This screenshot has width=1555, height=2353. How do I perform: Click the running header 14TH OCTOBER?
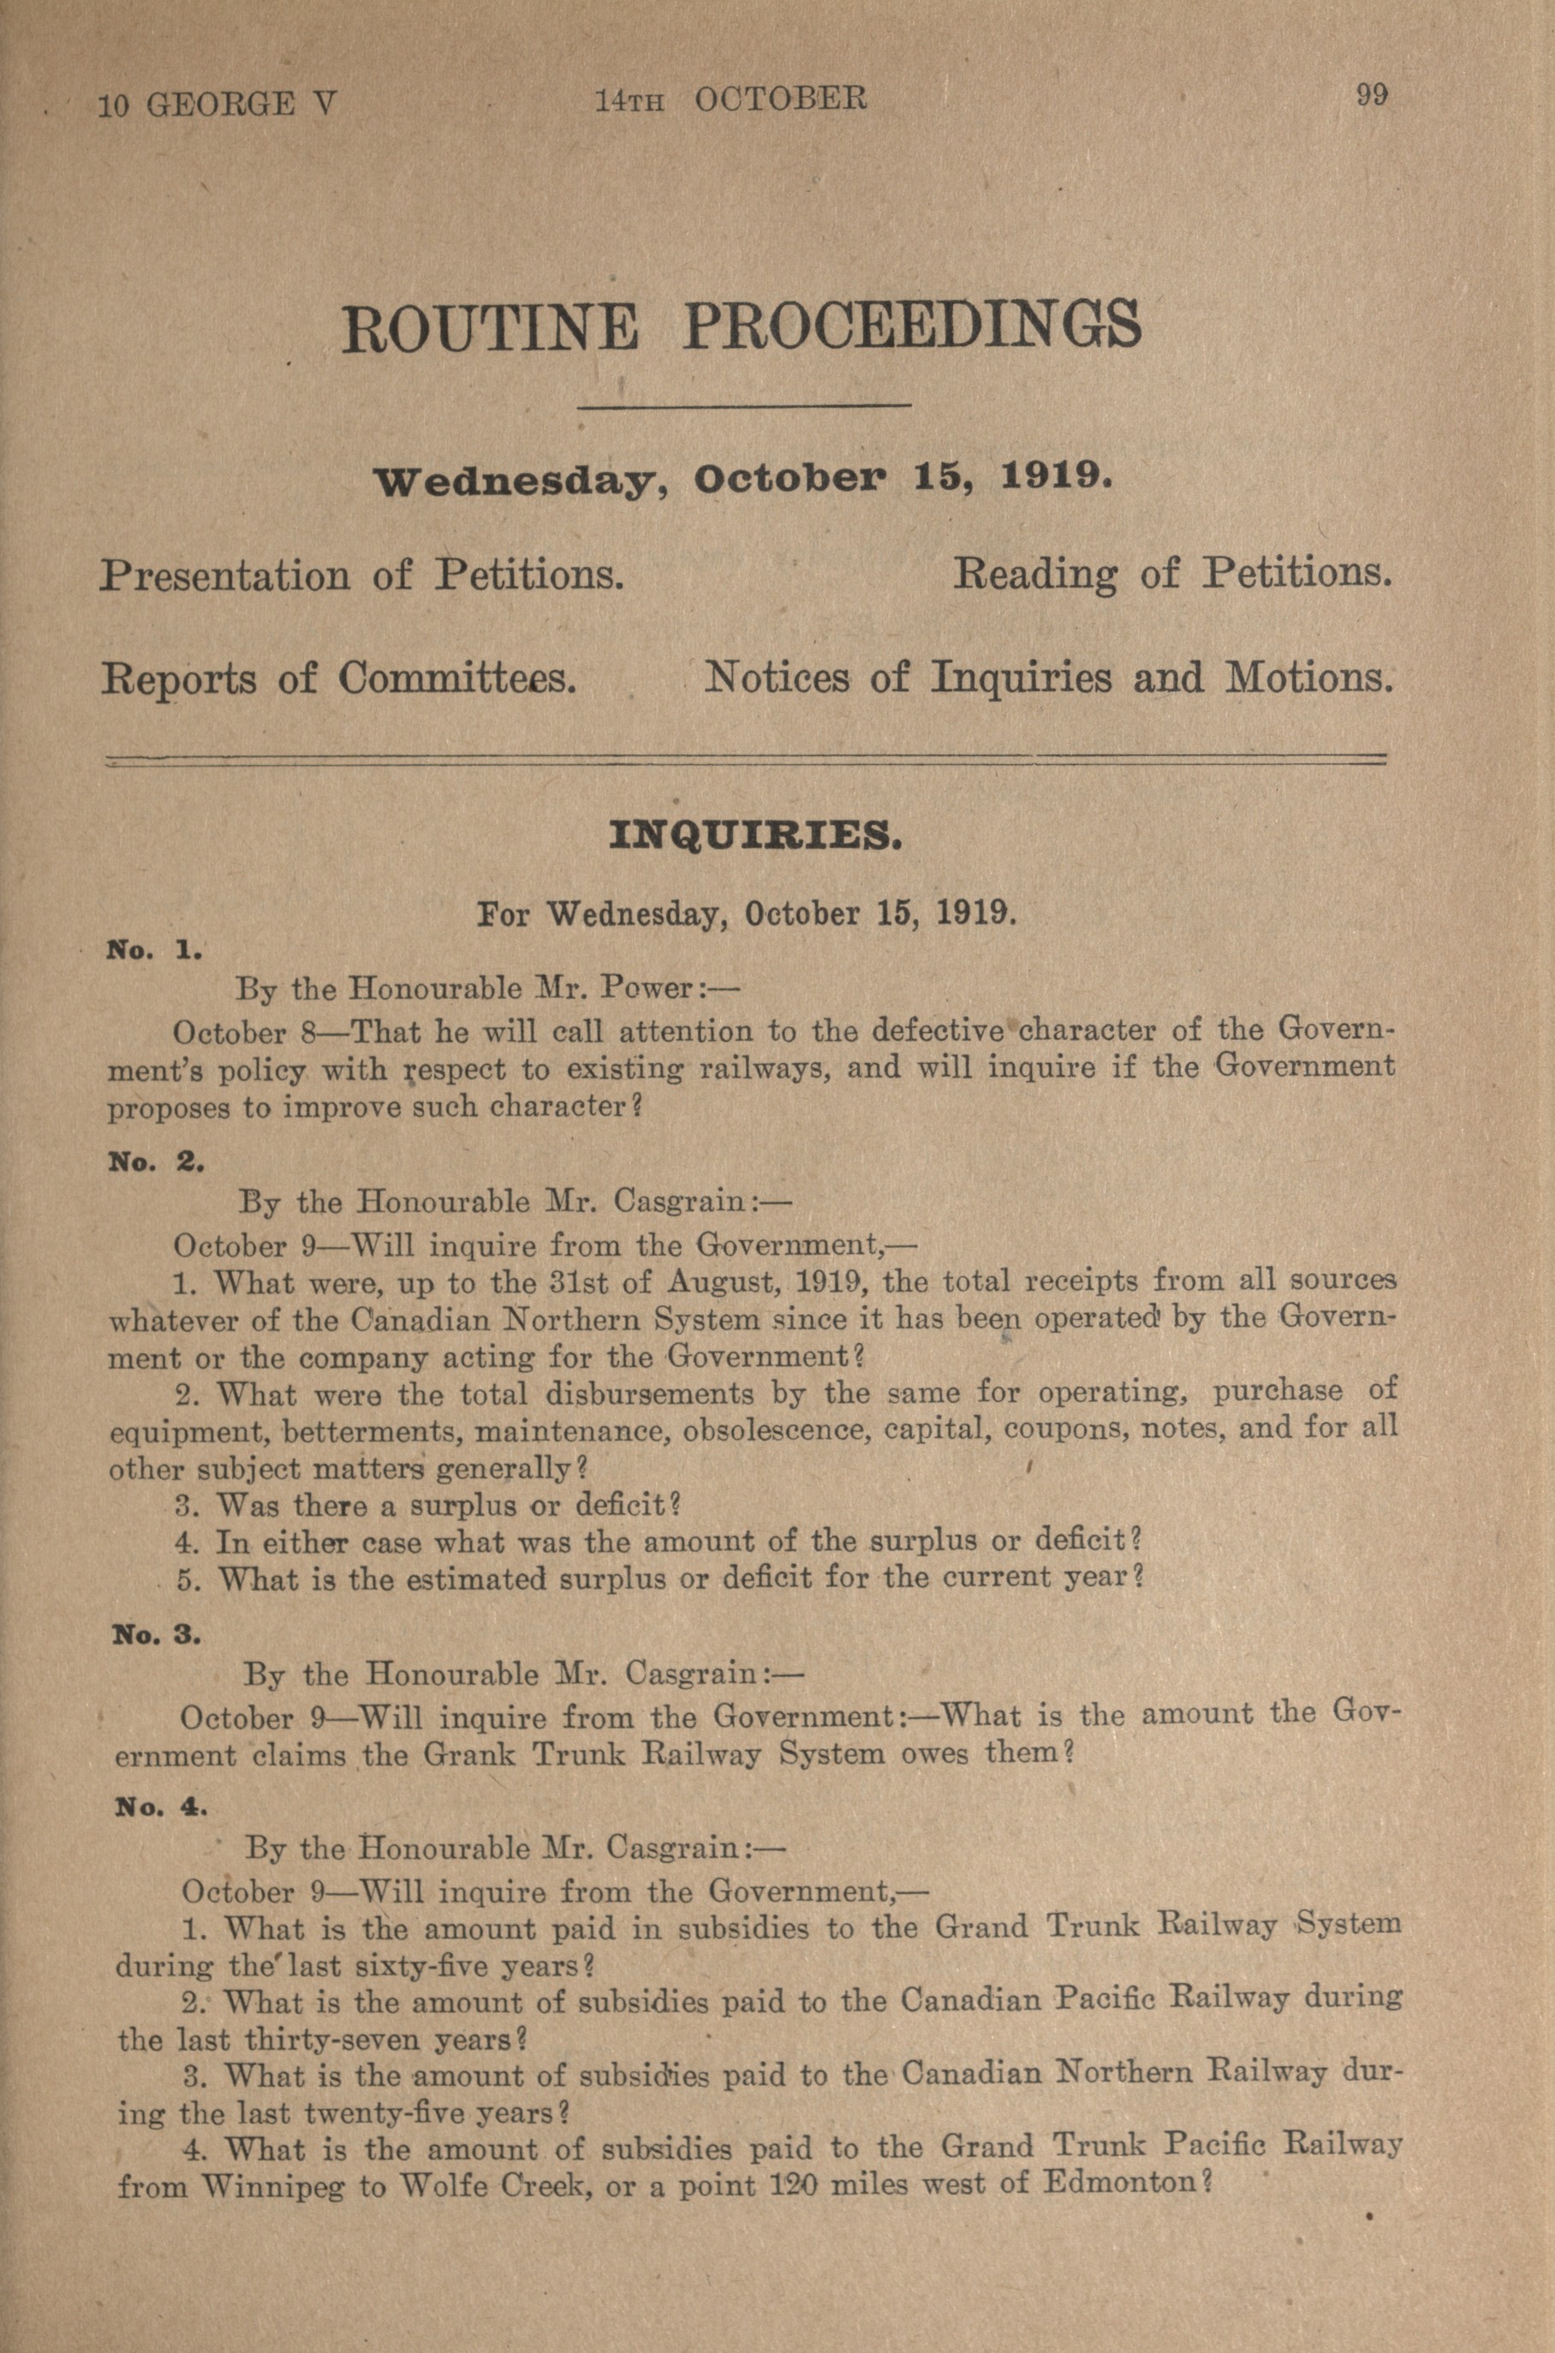pos(730,100)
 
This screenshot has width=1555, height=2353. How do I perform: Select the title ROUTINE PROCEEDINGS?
pos(741,326)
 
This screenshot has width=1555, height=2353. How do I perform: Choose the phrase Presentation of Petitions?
pos(362,576)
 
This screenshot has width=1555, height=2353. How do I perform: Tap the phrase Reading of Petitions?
pos(1172,573)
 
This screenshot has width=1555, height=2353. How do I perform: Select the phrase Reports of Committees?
pos(339,678)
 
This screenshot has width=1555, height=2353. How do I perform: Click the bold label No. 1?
pos(155,949)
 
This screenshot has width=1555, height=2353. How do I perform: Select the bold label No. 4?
pos(162,1807)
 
